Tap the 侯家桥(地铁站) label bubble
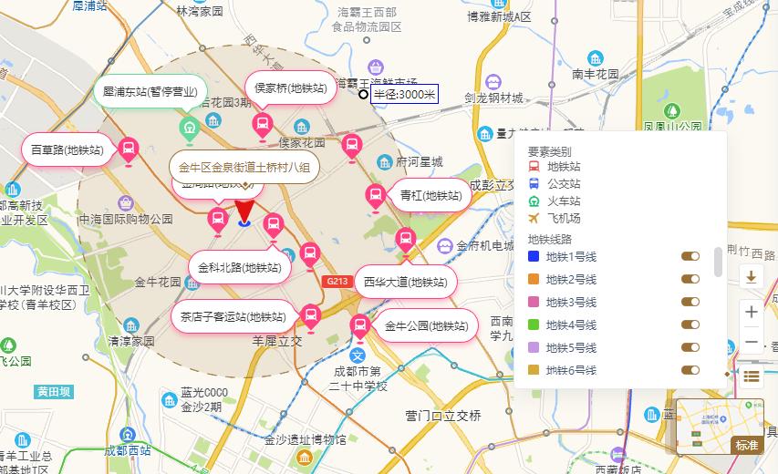(290, 88)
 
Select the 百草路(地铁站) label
(67, 149)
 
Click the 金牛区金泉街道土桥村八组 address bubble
(244, 167)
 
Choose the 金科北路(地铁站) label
(241, 267)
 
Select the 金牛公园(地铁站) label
(426, 325)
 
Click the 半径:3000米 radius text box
(404, 94)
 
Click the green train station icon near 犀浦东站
(189, 129)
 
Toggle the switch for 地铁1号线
(690, 257)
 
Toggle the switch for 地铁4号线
(690, 325)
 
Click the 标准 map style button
(746, 445)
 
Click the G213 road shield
(335, 282)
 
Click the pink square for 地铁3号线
(534, 302)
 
